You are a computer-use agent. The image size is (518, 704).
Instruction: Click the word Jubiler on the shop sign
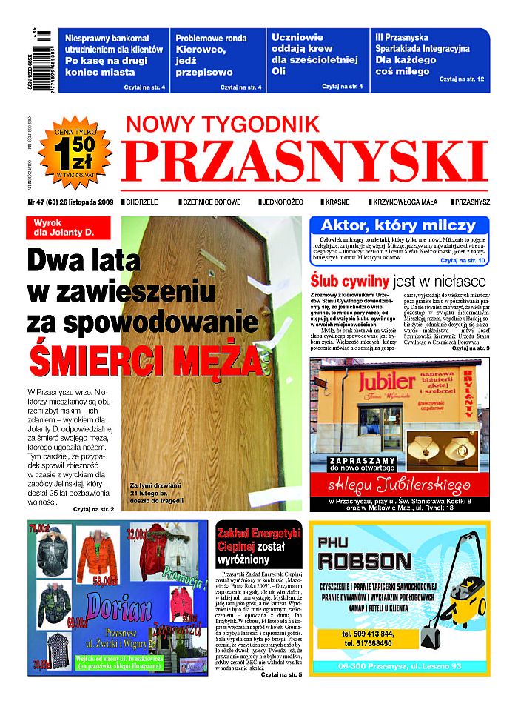point(386,382)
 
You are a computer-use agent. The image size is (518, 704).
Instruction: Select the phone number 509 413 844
point(368,634)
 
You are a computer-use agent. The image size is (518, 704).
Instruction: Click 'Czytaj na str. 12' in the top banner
point(461,79)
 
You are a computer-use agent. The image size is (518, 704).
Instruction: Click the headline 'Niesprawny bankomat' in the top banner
point(107,39)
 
